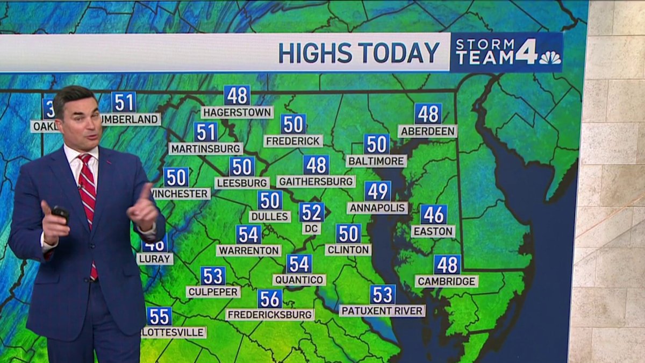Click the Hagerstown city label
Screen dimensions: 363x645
tap(237, 112)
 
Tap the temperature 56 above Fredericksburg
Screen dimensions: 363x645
tap(270, 298)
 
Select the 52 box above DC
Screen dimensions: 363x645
tap(312, 212)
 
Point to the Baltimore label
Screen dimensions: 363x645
tap(376, 161)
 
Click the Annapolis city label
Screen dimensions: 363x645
tap(377, 208)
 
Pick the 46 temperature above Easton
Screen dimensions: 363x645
tap(433, 214)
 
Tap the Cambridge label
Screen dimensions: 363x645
tap(446, 281)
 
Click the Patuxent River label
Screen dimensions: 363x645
tap(382, 311)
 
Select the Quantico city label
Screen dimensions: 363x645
tap(299, 280)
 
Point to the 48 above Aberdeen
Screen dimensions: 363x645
tap(428, 113)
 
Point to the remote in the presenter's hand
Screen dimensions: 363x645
tap(60, 213)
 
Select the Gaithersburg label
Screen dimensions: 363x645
tap(316, 181)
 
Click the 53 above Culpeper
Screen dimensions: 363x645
tap(213, 276)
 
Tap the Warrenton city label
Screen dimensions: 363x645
tap(248, 251)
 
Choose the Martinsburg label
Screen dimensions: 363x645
tap(206, 148)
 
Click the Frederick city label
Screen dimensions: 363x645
tap(293, 141)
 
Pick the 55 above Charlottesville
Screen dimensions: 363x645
tap(159, 316)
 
